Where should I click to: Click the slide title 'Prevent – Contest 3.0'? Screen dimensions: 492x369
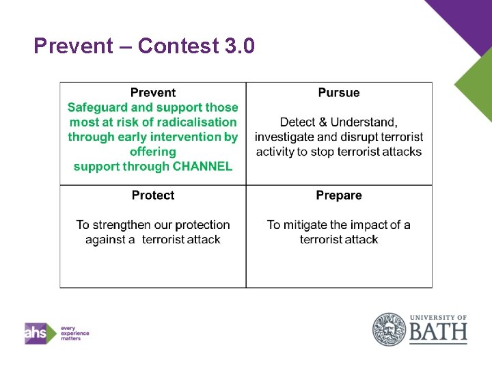pos(144,46)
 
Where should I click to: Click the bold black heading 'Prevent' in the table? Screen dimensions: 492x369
pos(153,93)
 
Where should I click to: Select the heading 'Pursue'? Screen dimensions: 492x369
pos(339,93)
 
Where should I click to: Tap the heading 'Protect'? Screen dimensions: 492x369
pos(153,195)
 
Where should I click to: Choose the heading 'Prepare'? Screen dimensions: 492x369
pos(339,195)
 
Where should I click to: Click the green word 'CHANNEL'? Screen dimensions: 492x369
pos(203,166)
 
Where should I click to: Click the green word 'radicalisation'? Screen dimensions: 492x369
pos(197,122)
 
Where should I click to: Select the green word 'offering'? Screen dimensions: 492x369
pos(153,152)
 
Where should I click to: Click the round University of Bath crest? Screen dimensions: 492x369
pos(389,329)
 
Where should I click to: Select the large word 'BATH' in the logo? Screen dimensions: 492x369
pos(438,333)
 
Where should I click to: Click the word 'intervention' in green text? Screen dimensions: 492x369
pos(189,137)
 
